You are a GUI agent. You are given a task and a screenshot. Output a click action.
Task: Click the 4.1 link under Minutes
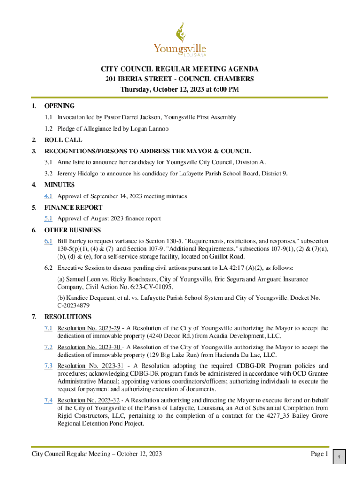(x=48, y=196)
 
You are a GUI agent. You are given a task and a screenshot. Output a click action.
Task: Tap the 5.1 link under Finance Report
(x=48, y=218)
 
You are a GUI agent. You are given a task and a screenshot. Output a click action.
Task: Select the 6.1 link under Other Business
(x=48, y=241)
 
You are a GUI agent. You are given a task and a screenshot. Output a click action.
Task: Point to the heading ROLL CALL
(x=63, y=140)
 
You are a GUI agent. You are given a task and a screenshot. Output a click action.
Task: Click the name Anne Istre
(x=71, y=162)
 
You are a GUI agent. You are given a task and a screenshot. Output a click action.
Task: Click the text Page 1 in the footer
(x=319, y=454)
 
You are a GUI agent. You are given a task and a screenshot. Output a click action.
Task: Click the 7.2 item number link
(x=48, y=347)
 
